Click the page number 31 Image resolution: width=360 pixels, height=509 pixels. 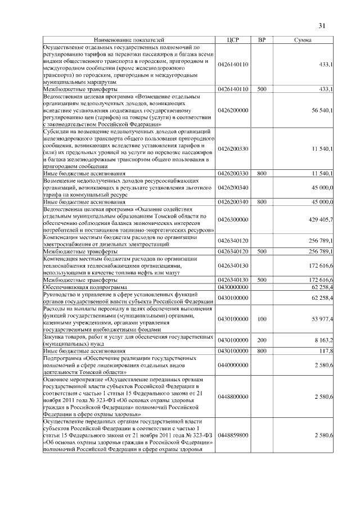322,25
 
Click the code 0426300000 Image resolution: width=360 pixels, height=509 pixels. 233,219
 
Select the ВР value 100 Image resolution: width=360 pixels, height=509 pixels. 262,319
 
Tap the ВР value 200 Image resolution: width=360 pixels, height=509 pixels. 262,340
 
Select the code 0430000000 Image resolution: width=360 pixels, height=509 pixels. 233,287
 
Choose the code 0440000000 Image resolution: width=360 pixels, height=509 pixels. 233,366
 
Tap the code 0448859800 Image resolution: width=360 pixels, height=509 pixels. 233,435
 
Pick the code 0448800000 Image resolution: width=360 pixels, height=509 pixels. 233,397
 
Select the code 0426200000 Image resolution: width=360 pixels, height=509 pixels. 233,110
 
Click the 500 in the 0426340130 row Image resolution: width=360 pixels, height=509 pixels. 262,280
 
